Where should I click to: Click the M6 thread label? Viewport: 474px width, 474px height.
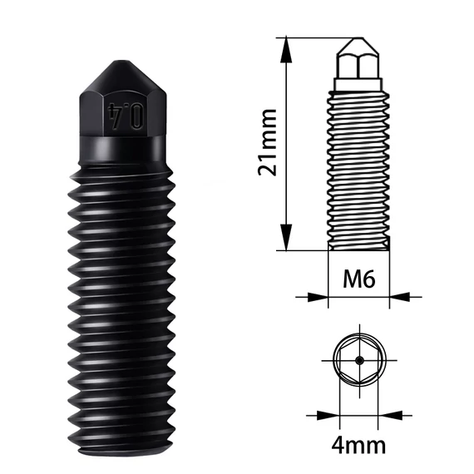(x=359, y=279)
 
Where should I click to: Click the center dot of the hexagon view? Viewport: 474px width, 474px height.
(x=359, y=361)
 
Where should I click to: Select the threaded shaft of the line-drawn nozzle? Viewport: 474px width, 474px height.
(x=359, y=166)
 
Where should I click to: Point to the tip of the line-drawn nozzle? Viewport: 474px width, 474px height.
(x=359, y=42)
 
